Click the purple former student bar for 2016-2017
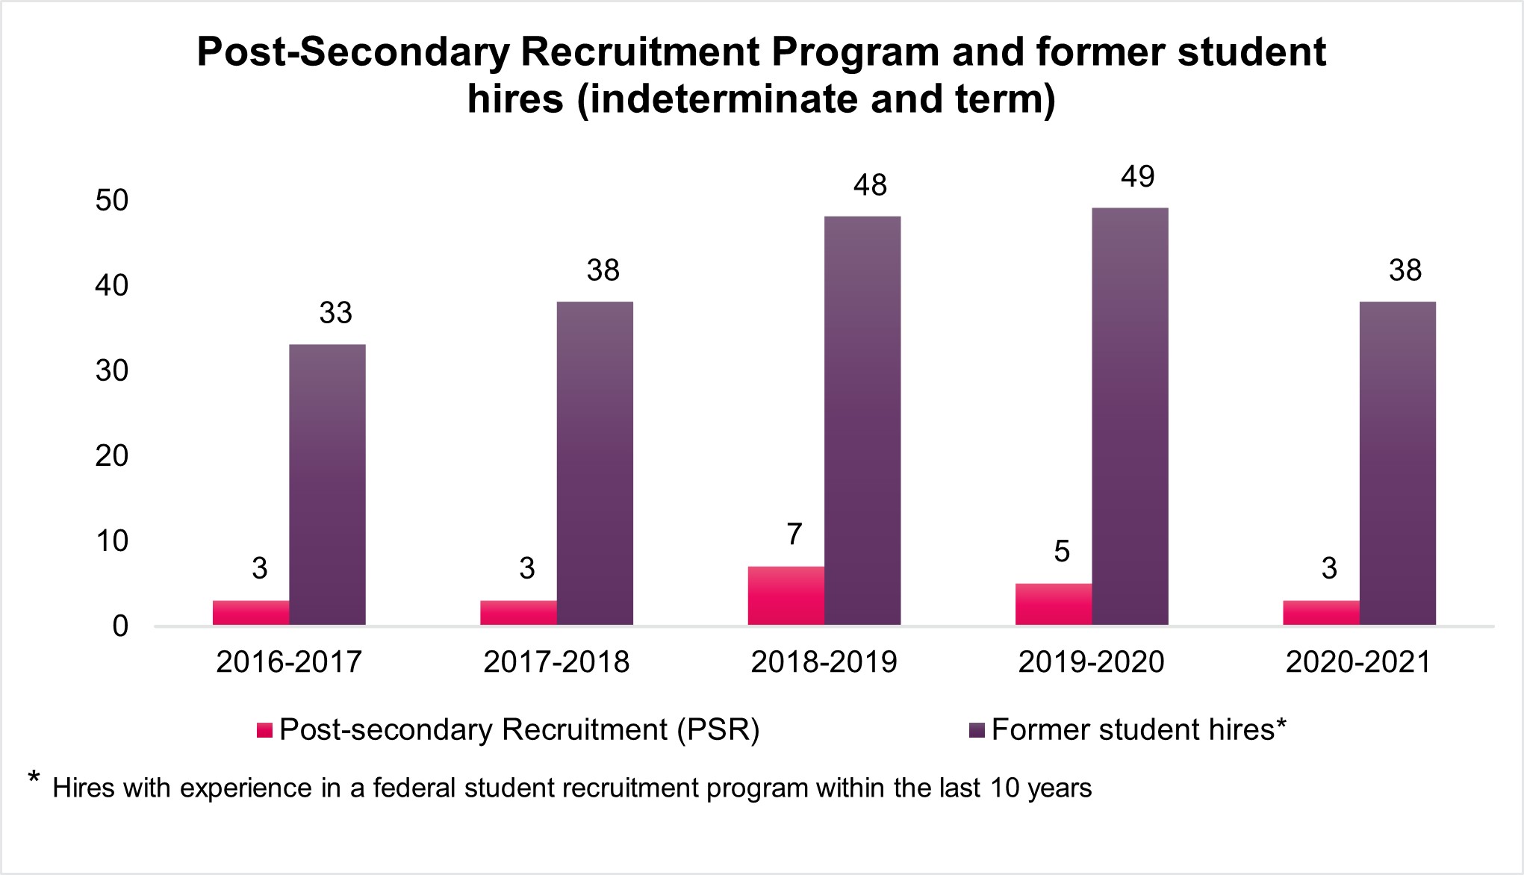click(x=327, y=485)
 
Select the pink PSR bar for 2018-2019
click(x=786, y=596)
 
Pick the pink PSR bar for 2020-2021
click(x=1321, y=613)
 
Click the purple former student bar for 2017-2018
click(x=594, y=463)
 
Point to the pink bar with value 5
click(x=1053, y=604)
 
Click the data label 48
click(x=870, y=185)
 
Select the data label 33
click(x=335, y=313)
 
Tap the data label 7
click(x=794, y=535)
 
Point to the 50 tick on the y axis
click(x=112, y=200)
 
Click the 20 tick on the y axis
click(x=112, y=455)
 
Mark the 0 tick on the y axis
click(x=120, y=626)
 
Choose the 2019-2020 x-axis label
click(x=1091, y=662)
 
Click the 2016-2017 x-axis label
click(x=289, y=662)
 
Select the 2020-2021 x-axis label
click(x=1358, y=662)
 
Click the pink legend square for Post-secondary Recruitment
click(x=264, y=730)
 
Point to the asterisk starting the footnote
click(x=34, y=779)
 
